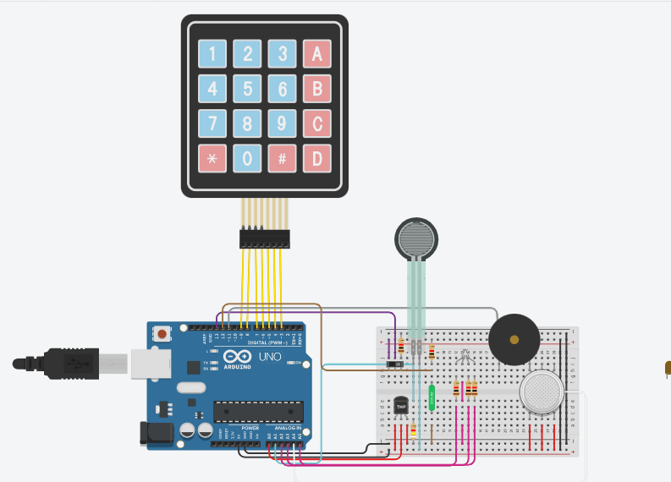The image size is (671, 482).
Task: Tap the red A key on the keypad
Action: (317, 55)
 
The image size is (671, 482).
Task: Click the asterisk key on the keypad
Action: (212, 158)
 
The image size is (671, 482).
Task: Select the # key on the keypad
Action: (282, 158)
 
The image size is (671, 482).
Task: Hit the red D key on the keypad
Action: (317, 158)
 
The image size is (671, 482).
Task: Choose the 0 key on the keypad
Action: (247, 158)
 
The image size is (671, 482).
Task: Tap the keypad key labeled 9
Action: (282, 124)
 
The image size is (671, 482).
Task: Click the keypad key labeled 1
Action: (212, 55)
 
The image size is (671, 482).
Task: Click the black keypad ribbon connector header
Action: (264, 239)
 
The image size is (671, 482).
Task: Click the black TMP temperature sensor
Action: (401, 407)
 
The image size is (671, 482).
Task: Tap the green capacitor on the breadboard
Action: (432, 397)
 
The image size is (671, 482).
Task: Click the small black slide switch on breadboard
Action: (394, 364)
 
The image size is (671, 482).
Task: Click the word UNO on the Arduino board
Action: (268, 358)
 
